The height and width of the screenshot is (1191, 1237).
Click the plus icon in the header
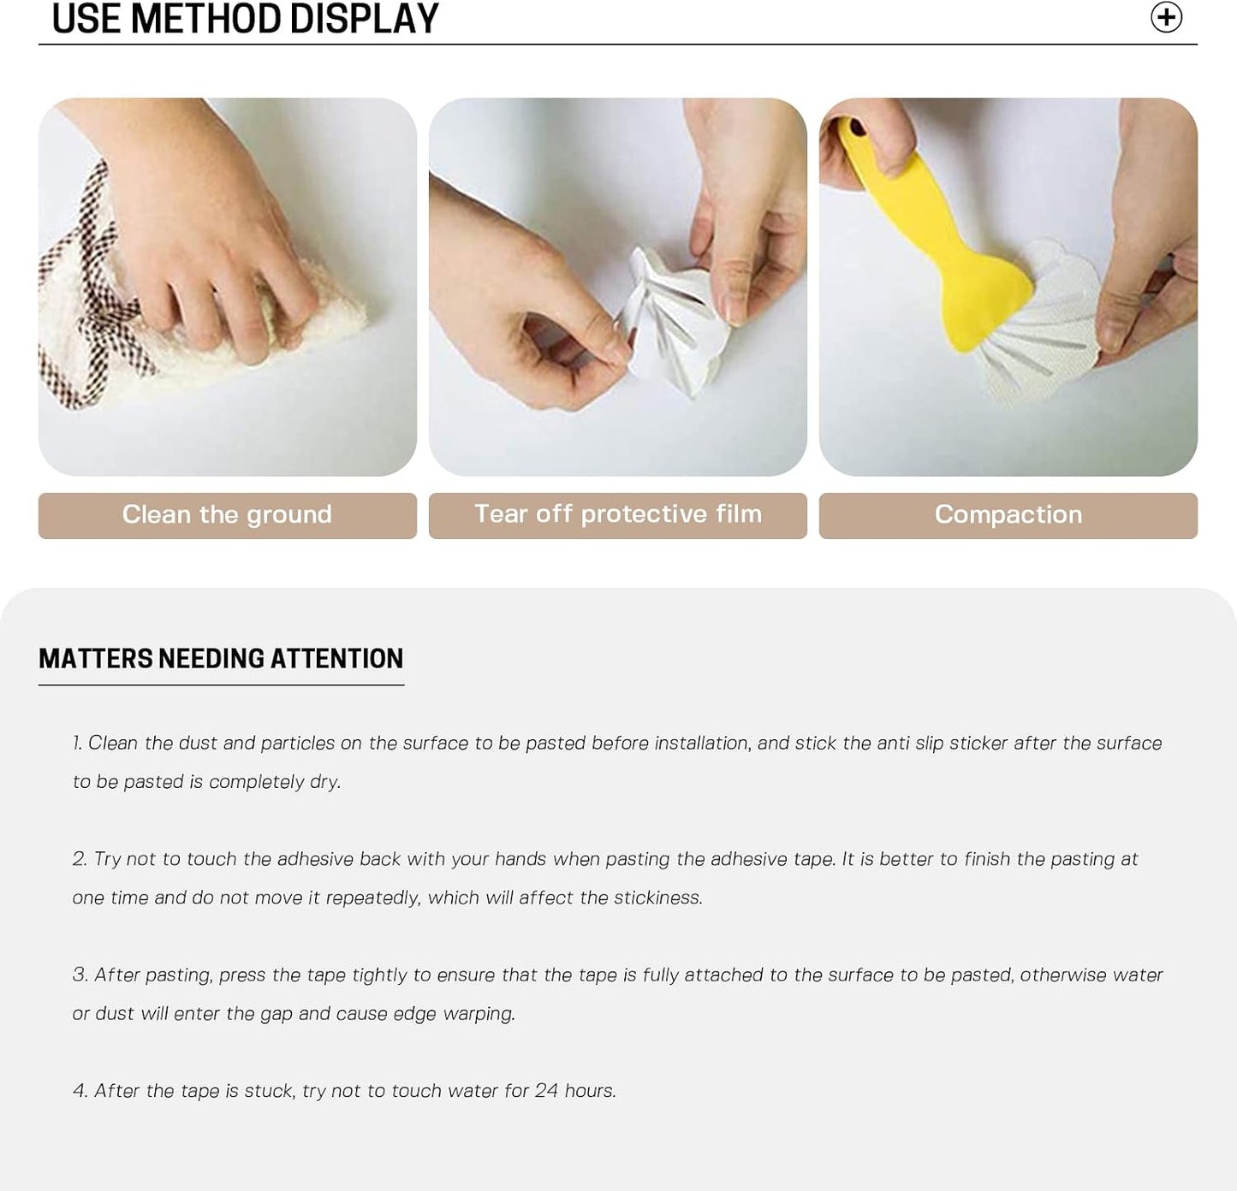1166,17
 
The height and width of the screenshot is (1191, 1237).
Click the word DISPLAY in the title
364,19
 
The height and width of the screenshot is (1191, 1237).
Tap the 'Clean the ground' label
227,514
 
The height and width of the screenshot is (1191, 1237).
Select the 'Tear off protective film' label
618,514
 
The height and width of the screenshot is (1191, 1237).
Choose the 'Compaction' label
1008,514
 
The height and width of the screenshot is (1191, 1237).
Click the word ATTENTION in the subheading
337,659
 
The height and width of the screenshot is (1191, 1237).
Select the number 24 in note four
546,1091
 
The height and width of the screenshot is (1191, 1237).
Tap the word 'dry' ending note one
324,782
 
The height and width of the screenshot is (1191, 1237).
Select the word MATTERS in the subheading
96,659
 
